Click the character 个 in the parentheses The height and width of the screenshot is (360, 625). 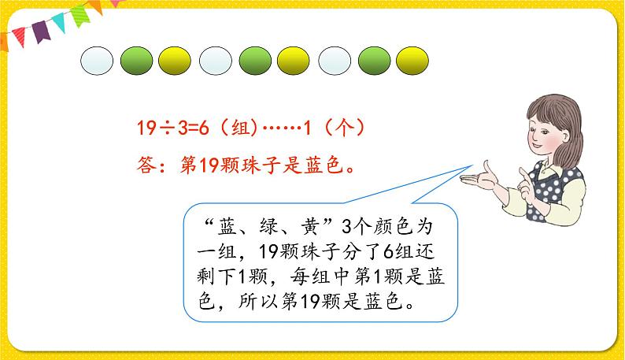click(x=341, y=127)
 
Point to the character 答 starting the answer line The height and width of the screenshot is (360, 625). click(x=145, y=166)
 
